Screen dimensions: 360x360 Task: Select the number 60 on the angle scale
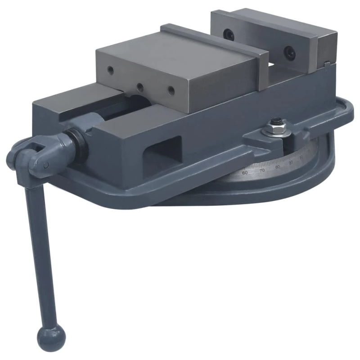(245, 172)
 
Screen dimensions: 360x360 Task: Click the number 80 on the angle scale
(277, 167)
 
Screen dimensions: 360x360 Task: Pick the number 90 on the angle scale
(291, 162)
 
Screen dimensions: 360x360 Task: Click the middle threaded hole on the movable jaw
(140, 85)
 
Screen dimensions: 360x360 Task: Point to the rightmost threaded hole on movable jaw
(171, 89)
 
